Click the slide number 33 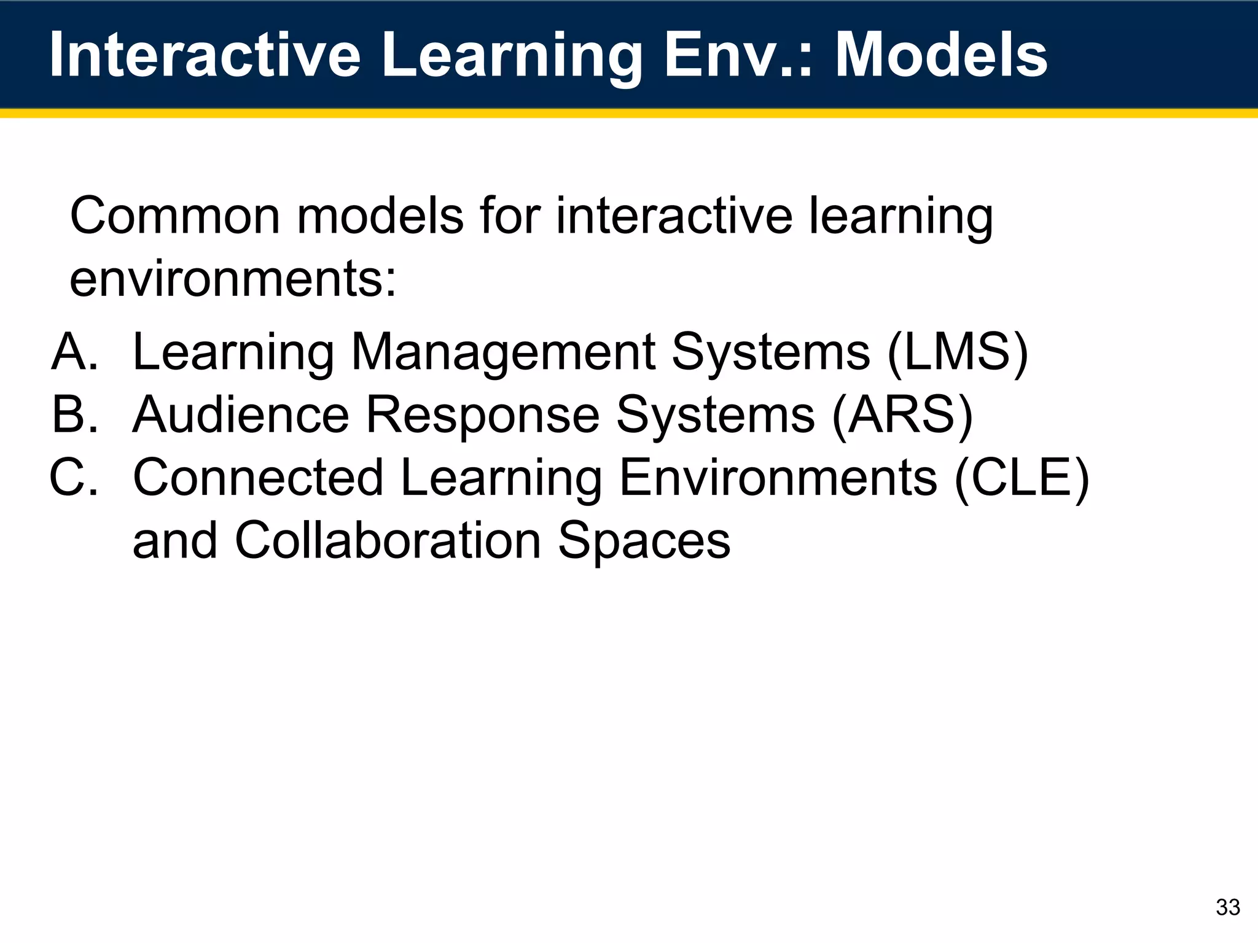pyautogui.click(x=1227, y=907)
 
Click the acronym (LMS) pyautogui.click(x=958, y=352)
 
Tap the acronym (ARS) pyautogui.click(x=902, y=415)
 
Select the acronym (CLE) pyautogui.click(x=1022, y=478)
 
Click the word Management pyautogui.click(x=503, y=354)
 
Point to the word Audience pyautogui.click(x=241, y=415)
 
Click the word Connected pyautogui.click(x=258, y=478)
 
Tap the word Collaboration pyautogui.click(x=388, y=540)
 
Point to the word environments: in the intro pyautogui.click(x=233, y=279)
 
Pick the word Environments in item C pyautogui.click(x=778, y=478)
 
